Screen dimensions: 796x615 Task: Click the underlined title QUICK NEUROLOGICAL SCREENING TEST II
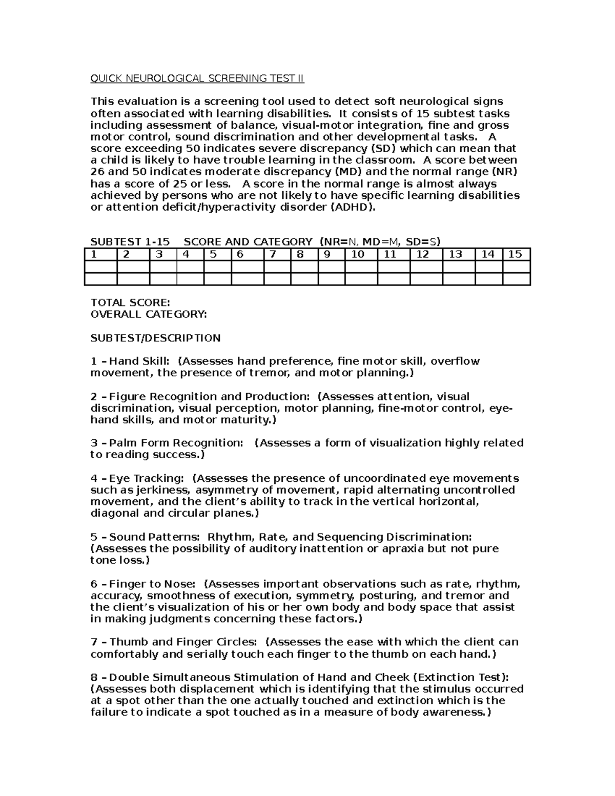(197, 78)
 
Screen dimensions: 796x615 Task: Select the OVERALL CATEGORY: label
(149, 315)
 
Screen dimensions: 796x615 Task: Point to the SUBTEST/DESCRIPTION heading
(155, 338)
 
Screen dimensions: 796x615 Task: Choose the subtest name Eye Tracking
(146, 478)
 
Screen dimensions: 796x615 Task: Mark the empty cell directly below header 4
(190, 267)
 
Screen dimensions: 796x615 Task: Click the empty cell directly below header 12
(426, 267)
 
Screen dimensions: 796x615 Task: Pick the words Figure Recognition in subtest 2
(163, 397)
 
